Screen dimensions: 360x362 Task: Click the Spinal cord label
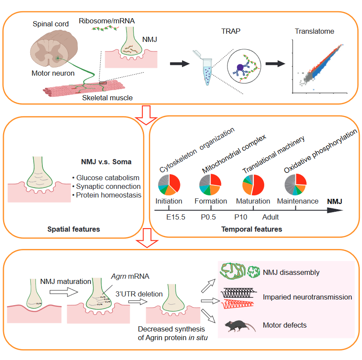51,24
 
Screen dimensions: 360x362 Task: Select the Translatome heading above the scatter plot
314,31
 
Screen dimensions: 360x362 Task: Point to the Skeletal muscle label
108,98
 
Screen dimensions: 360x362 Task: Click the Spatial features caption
74,229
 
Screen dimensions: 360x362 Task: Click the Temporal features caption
251,229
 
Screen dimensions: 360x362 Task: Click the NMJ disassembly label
291,273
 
